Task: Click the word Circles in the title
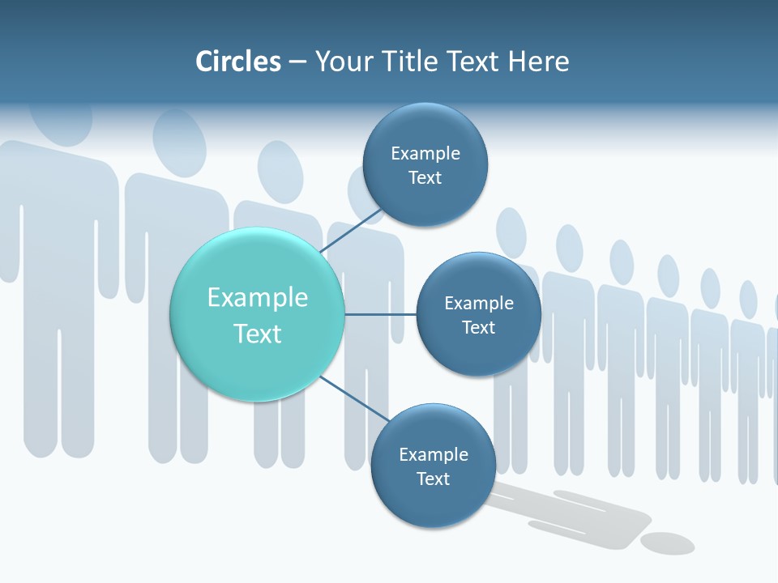click(238, 62)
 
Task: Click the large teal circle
click(257, 314)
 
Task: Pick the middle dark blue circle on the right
click(478, 314)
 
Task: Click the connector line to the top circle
click(352, 230)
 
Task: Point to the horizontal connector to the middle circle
click(380, 314)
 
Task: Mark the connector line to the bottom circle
click(354, 400)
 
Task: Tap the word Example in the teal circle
click(258, 297)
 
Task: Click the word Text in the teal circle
click(258, 334)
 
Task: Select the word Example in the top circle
click(425, 153)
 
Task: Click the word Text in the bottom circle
click(433, 479)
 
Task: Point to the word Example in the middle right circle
click(479, 303)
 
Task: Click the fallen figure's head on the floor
click(667, 543)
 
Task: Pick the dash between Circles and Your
click(297, 62)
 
